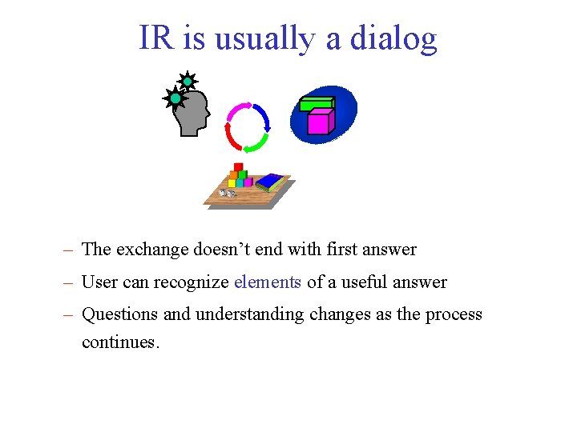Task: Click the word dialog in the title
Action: pyautogui.click(x=393, y=38)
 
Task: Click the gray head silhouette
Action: pyautogui.click(x=192, y=112)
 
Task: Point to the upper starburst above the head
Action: pyautogui.click(x=187, y=81)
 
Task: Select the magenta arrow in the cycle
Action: pyautogui.click(x=239, y=110)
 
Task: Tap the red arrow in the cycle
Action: pyautogui.click(x=231, y=134)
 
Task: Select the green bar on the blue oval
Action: pyautogui.click(x=317, y=103)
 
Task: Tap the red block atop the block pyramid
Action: pyautogui.click(x=238, y=167)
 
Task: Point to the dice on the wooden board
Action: pyautogui.click(x=228, y=194)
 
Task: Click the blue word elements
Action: pyautogui.click(x=268, y=282)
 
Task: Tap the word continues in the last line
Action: pyautogui.click(x=120, y=342)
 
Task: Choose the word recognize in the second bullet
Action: pyautogui.click(x=192, y=282)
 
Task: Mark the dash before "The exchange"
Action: pyautogui.click(x=70, y=250)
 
